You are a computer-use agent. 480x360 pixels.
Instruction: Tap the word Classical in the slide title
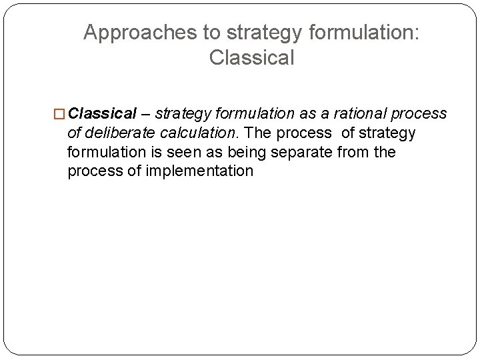coord(251,58)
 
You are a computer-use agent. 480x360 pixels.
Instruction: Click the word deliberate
coord(115,133)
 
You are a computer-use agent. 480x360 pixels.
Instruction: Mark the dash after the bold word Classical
coord(146,114)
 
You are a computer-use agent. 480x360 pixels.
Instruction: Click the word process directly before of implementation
coord(93,171)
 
